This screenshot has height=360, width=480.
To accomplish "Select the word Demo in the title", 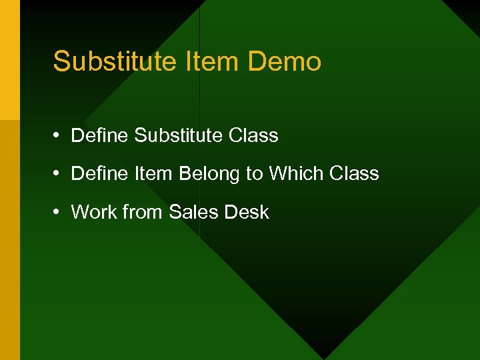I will [285, 62].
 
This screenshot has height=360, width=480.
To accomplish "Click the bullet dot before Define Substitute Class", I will [58, 135].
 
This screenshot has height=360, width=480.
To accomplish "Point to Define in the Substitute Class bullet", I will [100, 135].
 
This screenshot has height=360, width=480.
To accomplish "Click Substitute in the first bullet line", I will [178, 135].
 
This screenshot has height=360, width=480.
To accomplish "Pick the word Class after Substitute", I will [253, 135].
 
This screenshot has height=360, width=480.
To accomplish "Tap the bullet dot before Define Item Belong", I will [58, 174].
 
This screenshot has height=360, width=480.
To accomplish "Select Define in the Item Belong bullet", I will [100, 174].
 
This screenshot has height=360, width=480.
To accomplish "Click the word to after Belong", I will [255, 174].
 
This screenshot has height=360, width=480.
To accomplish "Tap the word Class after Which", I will [354, 174].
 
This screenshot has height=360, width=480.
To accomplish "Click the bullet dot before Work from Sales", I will [58, 212].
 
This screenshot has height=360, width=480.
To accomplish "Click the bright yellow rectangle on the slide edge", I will [9, 60].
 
